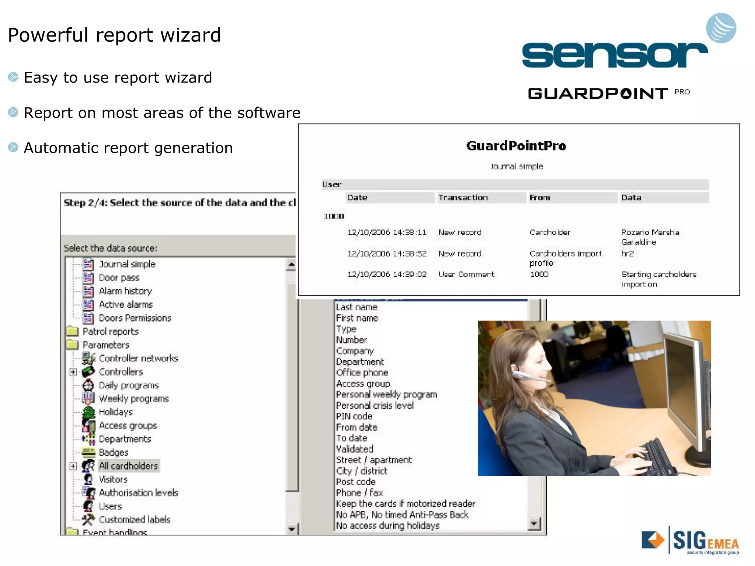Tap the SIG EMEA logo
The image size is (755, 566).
click(690, 541)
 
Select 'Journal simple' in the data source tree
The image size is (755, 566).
click(127, 264)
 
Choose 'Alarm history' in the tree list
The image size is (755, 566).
click(125, 291)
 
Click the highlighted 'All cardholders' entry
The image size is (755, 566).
click(128, 466)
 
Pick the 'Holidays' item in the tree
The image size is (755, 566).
click(115, 412)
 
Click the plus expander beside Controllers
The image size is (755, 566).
click(73, 372)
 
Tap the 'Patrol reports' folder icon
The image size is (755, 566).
click(73, 331)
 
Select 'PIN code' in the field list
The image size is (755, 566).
click(354, 416)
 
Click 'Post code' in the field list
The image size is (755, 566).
click(355, 482)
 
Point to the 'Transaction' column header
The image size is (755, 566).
click(463, 198)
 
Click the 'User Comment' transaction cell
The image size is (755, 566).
click(466, 275)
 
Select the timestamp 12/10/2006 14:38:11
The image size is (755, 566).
click(386, 233)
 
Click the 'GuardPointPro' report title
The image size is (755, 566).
click(515, 146)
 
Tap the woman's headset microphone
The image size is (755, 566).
click(525, 376)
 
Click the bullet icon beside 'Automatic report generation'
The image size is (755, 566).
click(13, 147)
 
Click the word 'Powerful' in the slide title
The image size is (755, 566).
click(48, 35)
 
